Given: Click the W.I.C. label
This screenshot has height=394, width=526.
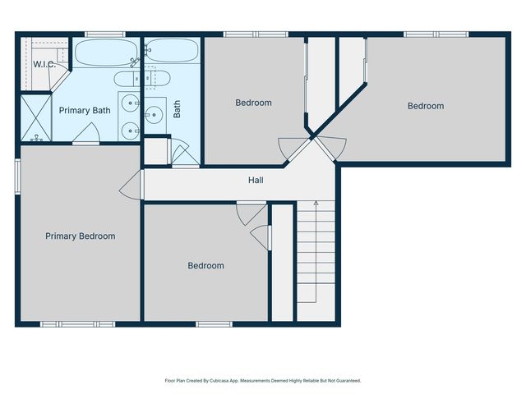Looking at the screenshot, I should [44, 64].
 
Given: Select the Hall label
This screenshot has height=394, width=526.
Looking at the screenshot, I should [256, 180].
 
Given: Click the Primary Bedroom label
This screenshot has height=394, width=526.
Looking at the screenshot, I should [80, 236].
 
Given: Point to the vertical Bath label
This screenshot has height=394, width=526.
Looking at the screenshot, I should [177, 109].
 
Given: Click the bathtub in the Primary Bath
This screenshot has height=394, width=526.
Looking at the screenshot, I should [108, 53].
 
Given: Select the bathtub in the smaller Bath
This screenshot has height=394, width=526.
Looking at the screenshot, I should [173, 52].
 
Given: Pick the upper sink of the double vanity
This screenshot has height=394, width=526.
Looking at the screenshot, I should [130, 103].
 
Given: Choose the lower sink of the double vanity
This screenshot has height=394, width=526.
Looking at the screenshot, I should [130, 130].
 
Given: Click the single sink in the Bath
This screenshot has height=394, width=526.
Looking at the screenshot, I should [155, 115].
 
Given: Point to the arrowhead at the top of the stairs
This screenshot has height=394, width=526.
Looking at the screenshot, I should [316, 203].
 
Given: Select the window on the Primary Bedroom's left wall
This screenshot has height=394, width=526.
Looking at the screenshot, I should [17, 177].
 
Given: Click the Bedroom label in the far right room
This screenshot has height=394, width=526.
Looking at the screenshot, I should [426, 106].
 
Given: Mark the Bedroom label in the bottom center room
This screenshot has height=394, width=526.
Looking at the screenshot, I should [205, 266].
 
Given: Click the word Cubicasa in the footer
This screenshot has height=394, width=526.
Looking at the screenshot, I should [226, 381].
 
